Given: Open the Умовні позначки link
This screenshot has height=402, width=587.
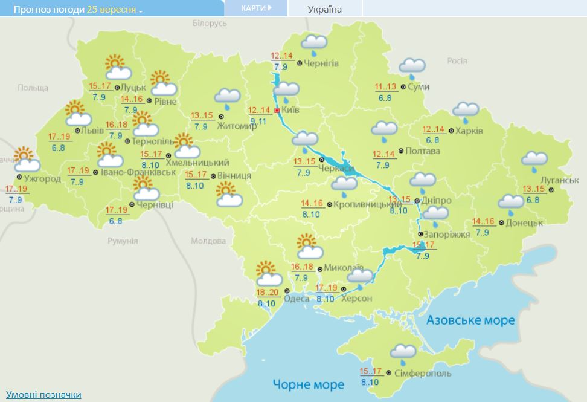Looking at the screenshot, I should coord(43,394).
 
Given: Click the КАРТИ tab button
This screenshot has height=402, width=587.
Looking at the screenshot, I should coord(255,8).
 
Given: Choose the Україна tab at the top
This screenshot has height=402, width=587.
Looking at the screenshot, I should coord(324,9).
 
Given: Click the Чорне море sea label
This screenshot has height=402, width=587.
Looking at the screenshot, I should coord(308,384).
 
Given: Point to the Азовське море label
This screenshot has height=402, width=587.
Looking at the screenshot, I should coord(471,320).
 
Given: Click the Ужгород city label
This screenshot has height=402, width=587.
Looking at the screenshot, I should coord(42,178).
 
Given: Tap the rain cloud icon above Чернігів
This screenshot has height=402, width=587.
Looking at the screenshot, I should coord(314,44).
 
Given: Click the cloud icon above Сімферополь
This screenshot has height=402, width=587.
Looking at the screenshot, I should coord(403,352).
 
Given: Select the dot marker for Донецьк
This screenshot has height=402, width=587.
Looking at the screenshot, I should coord(502,222).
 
